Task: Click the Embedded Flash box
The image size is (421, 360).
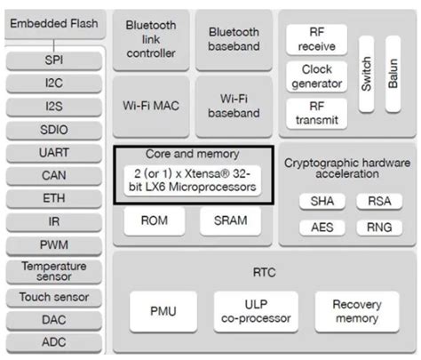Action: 54,22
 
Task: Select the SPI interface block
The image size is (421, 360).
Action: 54,60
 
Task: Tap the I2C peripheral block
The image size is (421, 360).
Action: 54,83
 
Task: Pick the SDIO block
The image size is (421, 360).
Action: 54,129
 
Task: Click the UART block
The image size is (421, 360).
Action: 54,152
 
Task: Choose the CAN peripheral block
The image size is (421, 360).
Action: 54,175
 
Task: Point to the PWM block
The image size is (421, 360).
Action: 54,244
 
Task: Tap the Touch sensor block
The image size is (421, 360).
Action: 54,297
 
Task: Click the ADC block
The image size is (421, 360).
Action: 54,342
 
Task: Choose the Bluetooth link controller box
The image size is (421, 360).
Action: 150,40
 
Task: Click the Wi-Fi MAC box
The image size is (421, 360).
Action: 150,105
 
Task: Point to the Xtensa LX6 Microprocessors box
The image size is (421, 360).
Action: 192,180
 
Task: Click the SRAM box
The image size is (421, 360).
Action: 229,220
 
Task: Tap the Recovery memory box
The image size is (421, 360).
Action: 356,311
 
